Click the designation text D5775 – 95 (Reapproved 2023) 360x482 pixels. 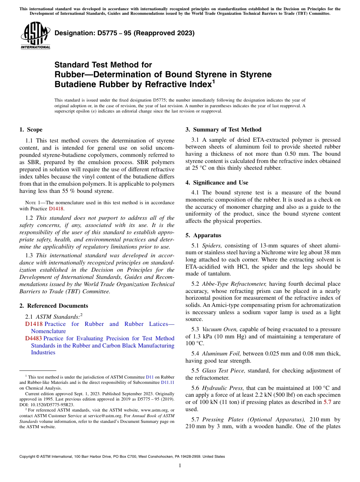click(124, 33)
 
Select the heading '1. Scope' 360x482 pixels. click(31, 130)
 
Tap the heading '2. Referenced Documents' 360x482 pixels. click(53, 306)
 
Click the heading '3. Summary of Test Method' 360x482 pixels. click(223, 130)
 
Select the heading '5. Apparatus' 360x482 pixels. click(203, 235)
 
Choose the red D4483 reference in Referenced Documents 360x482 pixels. click(33, 338)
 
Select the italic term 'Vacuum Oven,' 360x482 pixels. click(220, 329)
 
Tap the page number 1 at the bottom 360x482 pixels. click(180, 465)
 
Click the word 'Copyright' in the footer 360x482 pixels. click(28, 457)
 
